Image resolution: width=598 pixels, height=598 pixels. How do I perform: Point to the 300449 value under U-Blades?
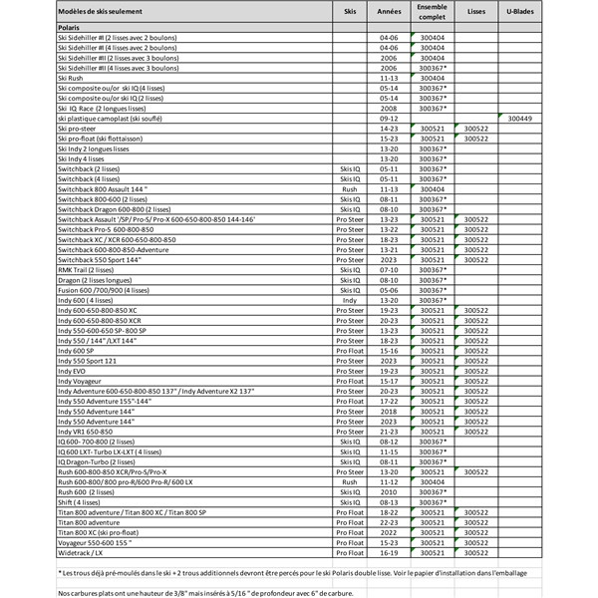pyautogui.click(x=519, y=118)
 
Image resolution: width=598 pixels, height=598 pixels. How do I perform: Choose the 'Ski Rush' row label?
pyautogui.click(x=71, y=77)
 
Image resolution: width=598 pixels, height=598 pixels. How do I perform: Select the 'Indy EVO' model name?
pyautogui.click(x=74, y=371)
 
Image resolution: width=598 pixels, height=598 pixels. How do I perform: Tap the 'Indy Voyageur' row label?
pyautogui.click(x=82, y=381)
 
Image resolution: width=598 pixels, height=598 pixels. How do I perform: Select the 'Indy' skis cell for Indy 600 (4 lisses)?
pyautogui.click(x=349, y=300)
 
